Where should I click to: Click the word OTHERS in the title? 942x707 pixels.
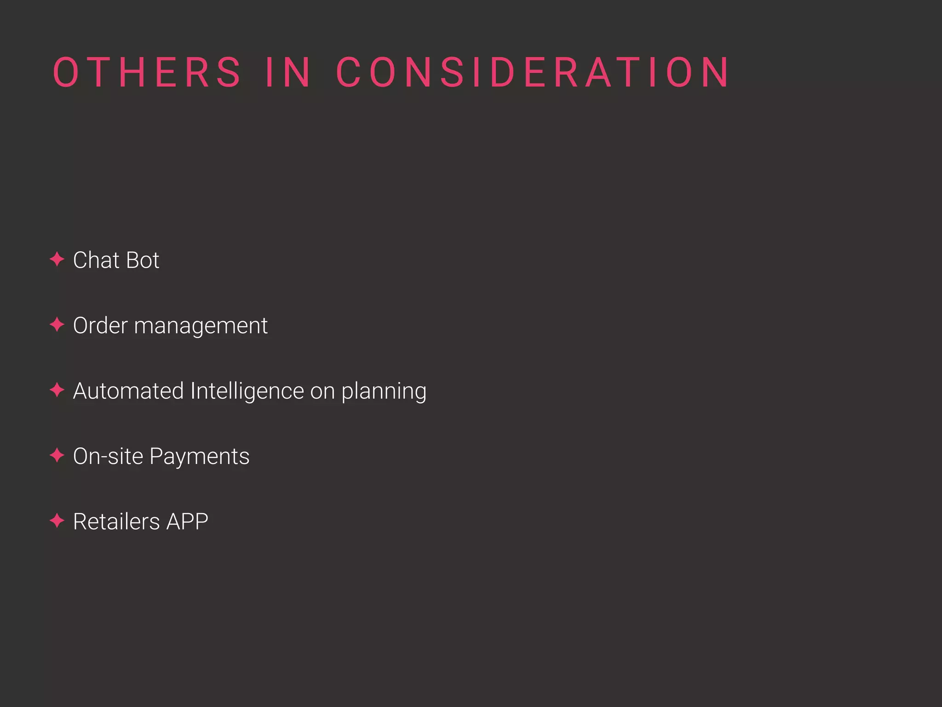[x=147, y=72]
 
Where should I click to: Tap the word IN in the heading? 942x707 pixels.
[x=288, y=72]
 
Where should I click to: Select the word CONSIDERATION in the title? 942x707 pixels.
[x=533, y=72]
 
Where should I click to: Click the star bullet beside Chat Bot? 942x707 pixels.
[x=57, y=260]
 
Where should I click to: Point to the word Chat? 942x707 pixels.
[x=96, y=260]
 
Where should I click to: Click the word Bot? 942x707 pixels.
[x=143, y=260]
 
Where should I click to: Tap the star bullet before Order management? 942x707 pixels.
[x=57, y=325]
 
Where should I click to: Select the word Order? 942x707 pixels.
[x=100, y=325]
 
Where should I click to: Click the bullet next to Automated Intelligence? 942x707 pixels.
[x=57, y=390]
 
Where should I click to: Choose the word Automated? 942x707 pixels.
[x=128, y=391]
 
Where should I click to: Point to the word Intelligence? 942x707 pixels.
[x=247, y=392]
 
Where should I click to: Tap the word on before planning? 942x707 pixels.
[x=322, y=392]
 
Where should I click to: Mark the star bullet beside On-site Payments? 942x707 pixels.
[x=57, y=456]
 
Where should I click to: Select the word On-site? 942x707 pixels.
[x=108, y=456]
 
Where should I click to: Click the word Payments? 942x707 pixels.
[x=199, y=457]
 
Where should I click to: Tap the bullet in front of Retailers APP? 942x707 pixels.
[x=57, y=521]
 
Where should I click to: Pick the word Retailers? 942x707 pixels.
[x=116, y=522]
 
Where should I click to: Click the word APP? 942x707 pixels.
[x=187, y=522]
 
